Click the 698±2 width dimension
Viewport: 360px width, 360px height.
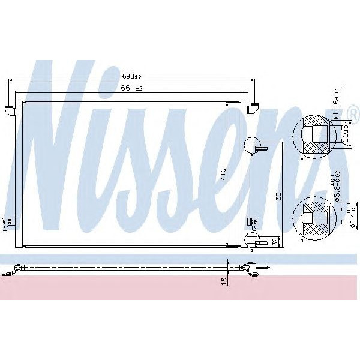point(131,77)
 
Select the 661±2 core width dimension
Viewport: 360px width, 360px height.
point(131,89)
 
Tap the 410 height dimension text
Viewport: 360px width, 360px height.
point(223,174)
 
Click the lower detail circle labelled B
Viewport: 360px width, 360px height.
point(312,218)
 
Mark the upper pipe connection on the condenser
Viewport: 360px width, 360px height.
point(252,144)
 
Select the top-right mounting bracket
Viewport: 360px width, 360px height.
point(253,109)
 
